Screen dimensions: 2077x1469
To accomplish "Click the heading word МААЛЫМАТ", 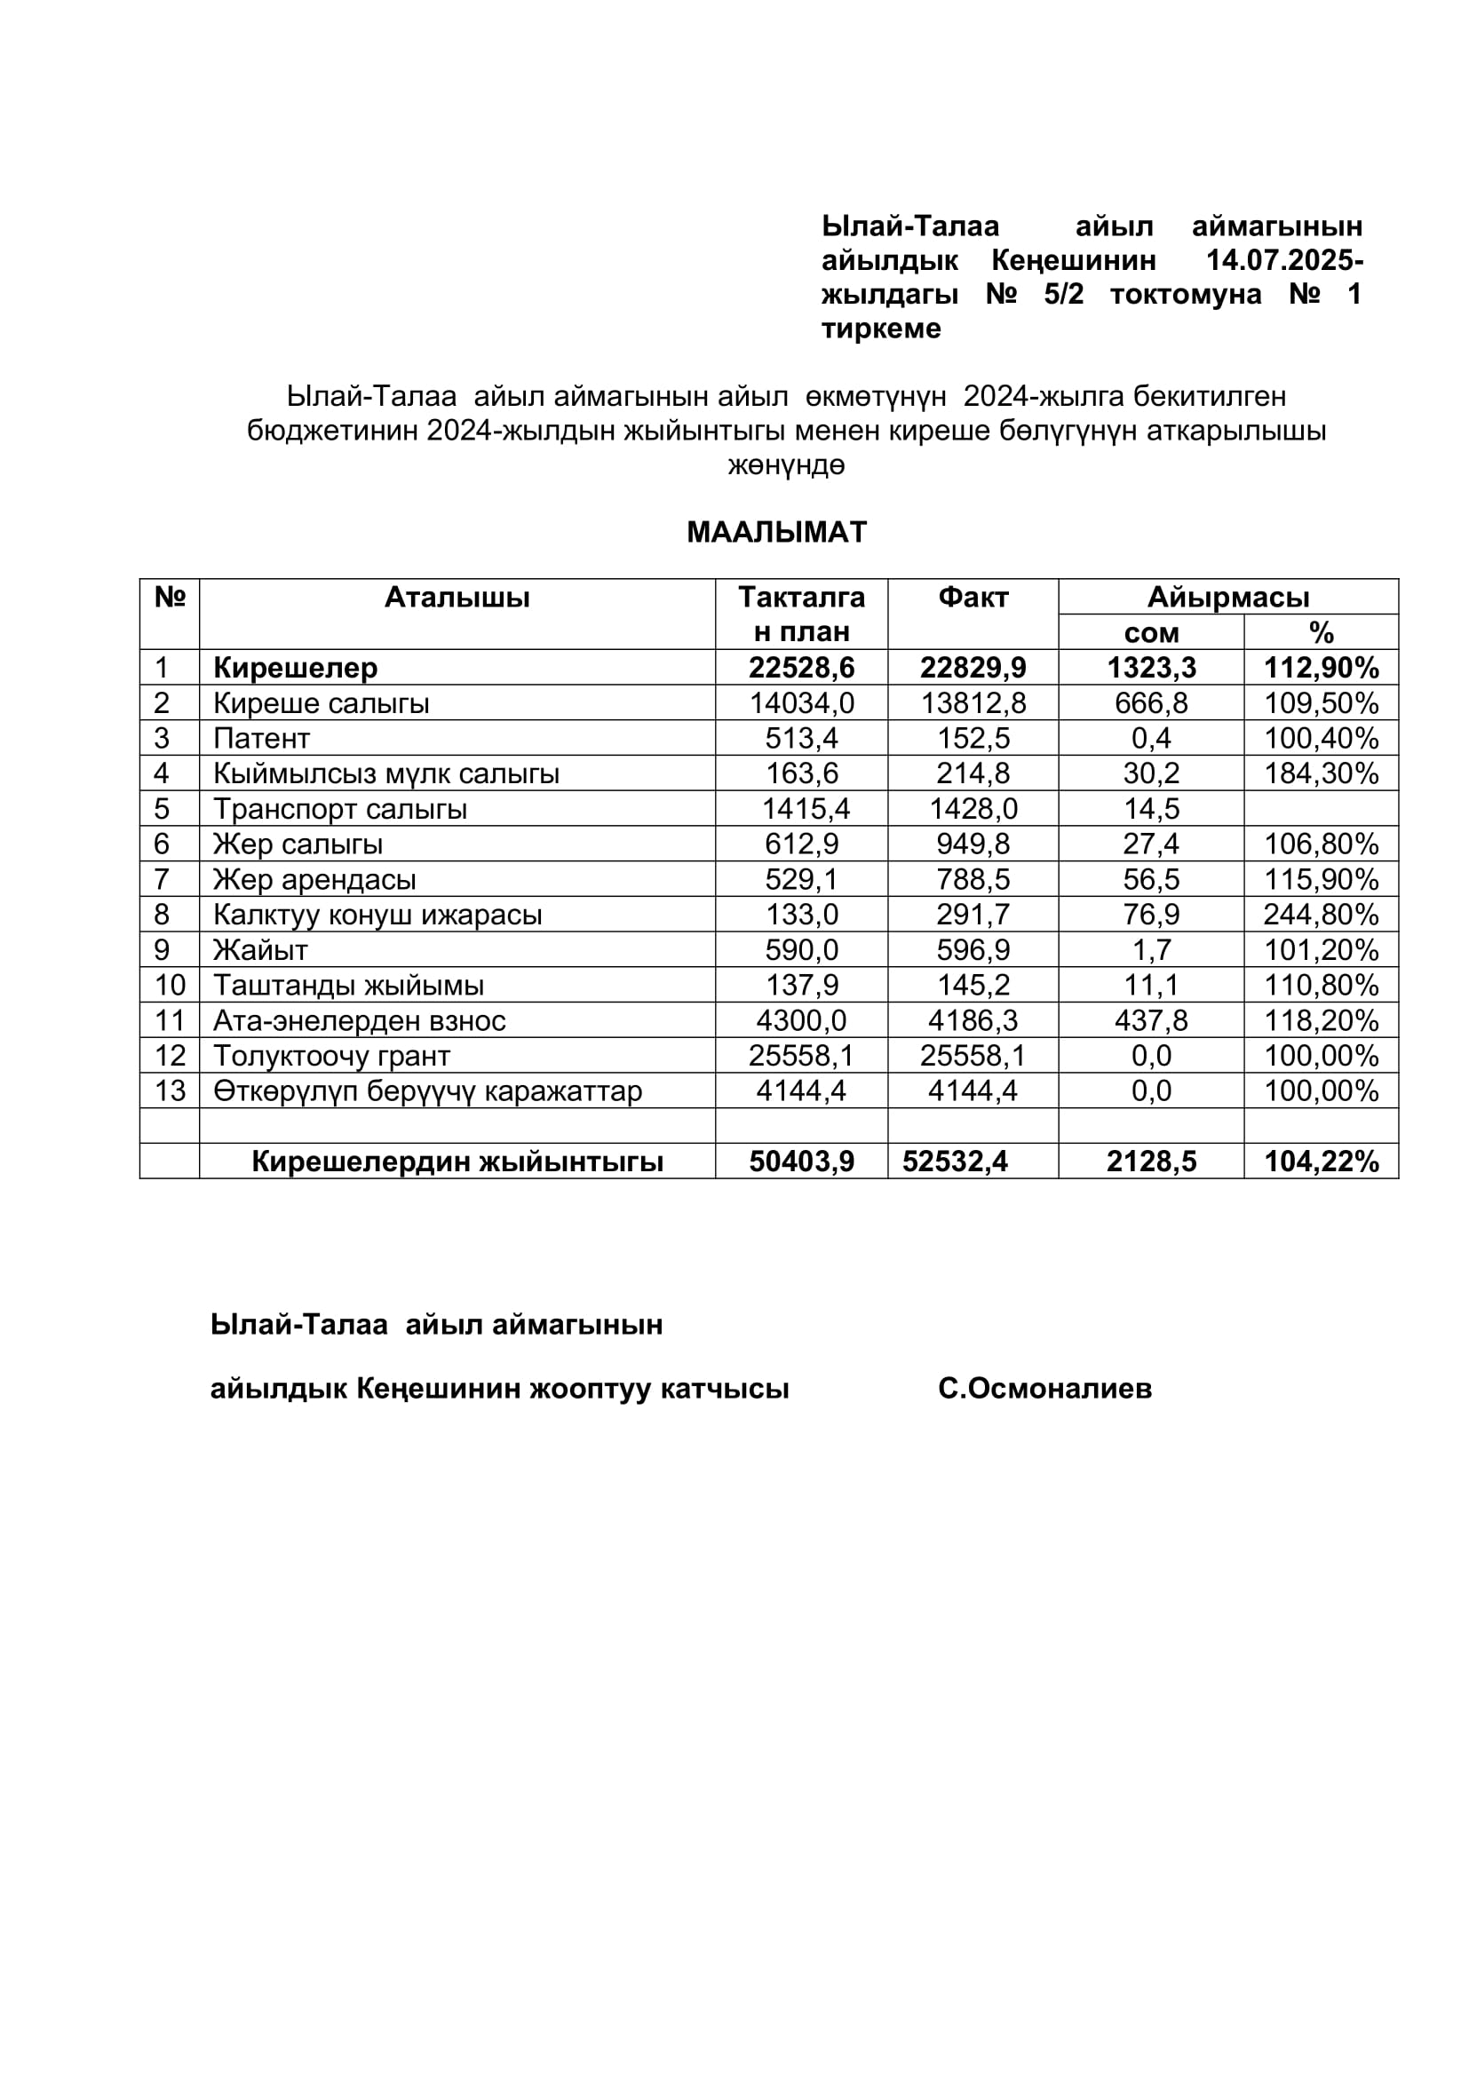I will [776, 532].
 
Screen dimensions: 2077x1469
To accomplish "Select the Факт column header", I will [973, 597].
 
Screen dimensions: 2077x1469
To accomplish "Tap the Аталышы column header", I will [457, 597].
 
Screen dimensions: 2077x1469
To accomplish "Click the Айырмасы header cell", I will [1227, 597].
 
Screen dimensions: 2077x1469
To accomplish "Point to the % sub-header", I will [1321, 632].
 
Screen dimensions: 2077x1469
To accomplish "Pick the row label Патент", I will [261, 738].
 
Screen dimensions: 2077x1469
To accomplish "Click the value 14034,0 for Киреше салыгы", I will [801, 703].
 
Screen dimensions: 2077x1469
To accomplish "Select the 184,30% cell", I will [1321, 773].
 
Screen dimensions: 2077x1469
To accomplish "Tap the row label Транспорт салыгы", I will [340, 809].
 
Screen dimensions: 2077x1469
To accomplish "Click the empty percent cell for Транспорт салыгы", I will [1321, 809].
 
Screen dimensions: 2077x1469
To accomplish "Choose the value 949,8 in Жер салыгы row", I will [973, 844].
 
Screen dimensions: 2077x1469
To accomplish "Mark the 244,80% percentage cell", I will [1321, 915].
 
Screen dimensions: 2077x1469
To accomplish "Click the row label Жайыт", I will [260, 950].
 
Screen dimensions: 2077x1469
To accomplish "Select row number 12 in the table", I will [170, 1056].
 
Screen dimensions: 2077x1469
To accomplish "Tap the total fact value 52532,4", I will [956, 1161].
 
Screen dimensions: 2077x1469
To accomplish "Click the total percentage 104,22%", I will [1321, 1161].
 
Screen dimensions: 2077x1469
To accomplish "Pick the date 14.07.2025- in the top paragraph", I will [1284, 260].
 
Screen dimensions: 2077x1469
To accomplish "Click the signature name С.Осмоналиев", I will [1044, 1389].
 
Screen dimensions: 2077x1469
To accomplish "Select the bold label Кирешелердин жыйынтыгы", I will [457, 1161].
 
